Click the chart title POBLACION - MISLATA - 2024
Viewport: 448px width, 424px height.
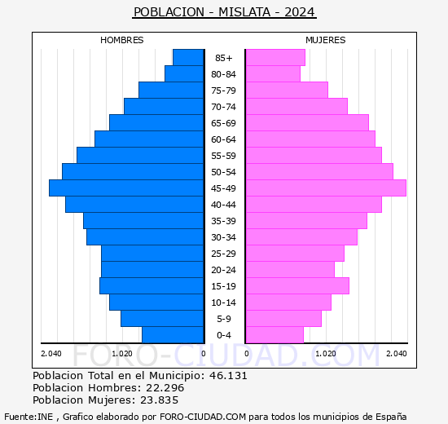pos(224,12)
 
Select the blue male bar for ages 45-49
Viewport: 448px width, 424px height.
pos(126,188)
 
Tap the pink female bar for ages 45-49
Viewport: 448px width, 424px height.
pos(325,188)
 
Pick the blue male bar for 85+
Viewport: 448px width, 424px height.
pos(188,58)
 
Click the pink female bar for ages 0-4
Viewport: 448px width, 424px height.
pos(274,335)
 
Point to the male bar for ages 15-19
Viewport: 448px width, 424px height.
pos(152,286)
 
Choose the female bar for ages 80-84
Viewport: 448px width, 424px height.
pos(272,74)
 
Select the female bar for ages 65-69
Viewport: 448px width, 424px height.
pos(306,123)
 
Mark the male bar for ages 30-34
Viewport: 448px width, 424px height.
pos(145,237)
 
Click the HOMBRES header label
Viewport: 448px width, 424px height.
pos(122,40)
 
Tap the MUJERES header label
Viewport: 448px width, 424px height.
pos(326,40)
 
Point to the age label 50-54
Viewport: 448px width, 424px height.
pos(224,172)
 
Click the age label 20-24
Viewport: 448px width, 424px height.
pos(224,270)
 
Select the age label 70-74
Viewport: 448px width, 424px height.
pos(224,107)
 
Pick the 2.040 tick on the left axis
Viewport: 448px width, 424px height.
pos(51,353)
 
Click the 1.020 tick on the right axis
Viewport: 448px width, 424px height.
pos(325,353)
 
